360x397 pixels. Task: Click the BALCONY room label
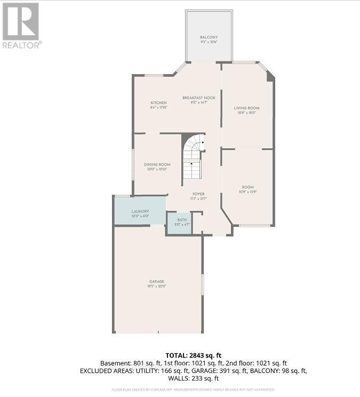click(x=209, y=37)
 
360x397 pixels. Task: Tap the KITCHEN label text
click(x=158, y=102)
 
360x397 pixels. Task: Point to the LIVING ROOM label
click(x=246, y=108)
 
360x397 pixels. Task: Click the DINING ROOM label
click(x=157, y=164)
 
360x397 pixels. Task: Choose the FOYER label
click(x=198, y=194)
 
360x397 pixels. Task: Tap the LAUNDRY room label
click(x=140, y=211)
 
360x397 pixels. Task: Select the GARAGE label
click(x=157, y=281)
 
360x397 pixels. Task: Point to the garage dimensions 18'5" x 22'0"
click(x=157, y=287)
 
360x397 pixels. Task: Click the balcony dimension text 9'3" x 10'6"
click(x=209, y=42)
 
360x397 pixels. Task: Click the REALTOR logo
click(x=21, y=25)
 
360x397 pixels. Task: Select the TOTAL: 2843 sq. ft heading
click(x=193, y=354)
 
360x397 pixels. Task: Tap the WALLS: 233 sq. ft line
click(x=193, y=378)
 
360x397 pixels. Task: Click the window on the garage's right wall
click(x=202, y=284)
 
